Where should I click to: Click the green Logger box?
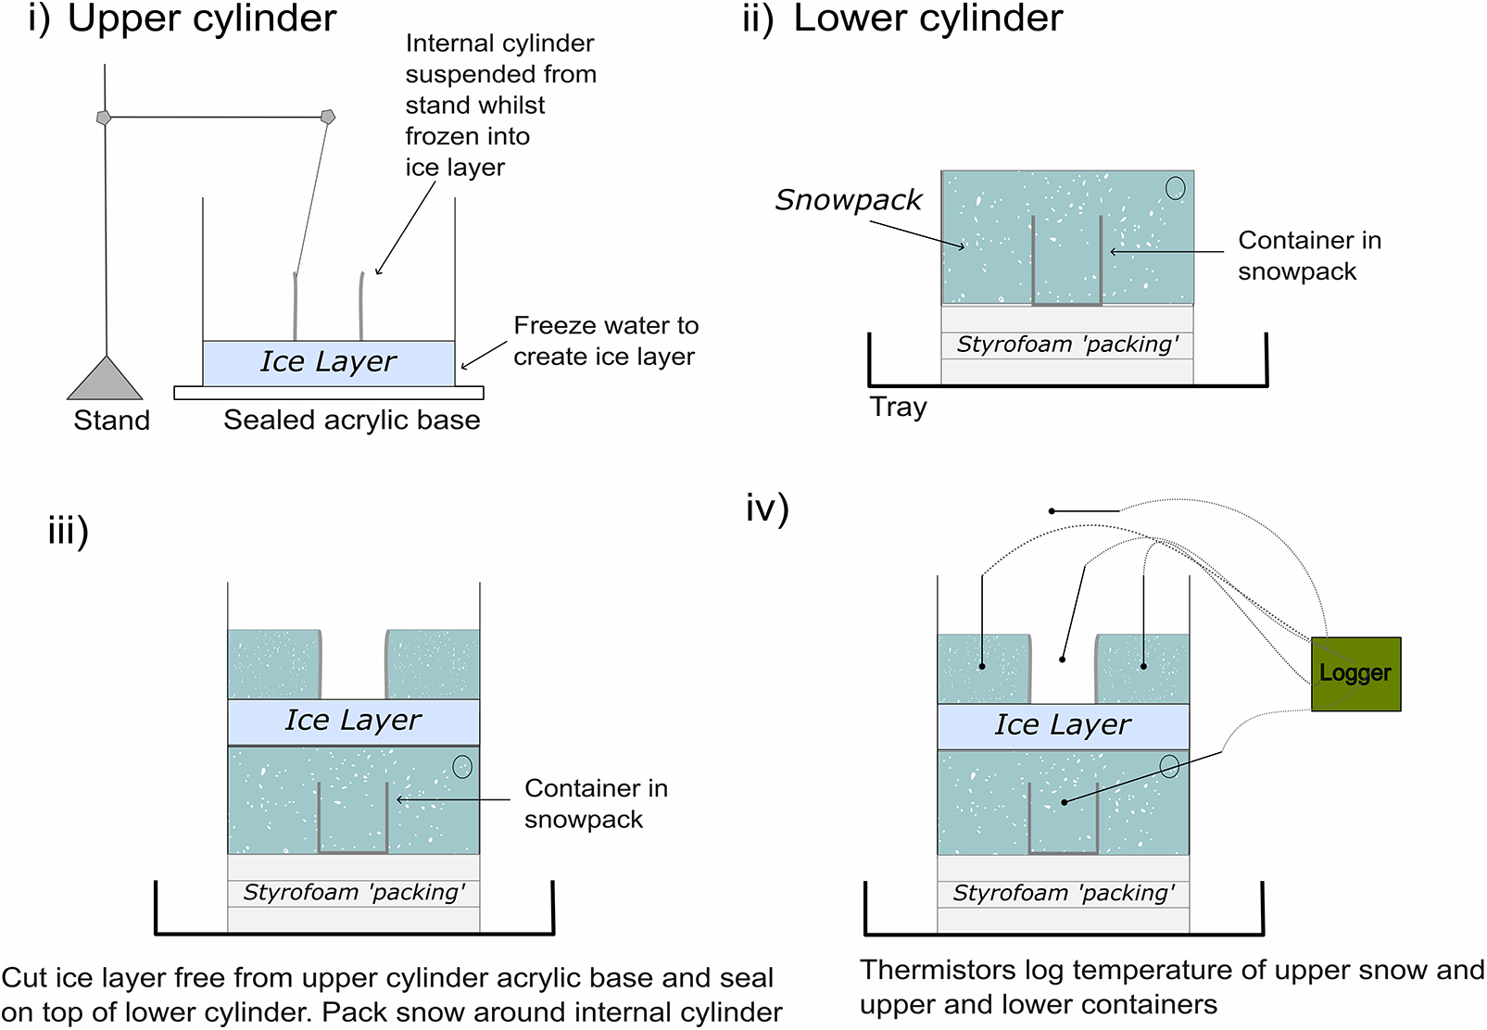(1355, 673)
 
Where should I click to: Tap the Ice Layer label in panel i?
(328, 361)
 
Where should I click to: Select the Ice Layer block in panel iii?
(353, 722)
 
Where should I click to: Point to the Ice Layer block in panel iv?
(1063, 726)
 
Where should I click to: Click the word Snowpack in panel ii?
(849, 199)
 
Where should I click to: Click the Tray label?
(898, 407)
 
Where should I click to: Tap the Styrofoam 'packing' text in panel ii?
(1067, 345)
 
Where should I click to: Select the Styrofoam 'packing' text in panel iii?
(354, 893)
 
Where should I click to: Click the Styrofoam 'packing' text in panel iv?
(1064, 894)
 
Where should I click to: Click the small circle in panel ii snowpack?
(1175, 188)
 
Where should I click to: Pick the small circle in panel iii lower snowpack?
(462, 766)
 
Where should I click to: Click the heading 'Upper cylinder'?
(202, 19)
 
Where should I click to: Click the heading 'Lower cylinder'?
(927, 19)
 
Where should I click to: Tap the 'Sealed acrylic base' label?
(351, 421)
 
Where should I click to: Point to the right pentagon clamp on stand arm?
(327, 117)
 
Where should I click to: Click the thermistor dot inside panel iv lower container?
(1065, 802)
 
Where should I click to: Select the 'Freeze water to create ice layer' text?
(605, 341)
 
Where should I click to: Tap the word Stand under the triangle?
(111, 421)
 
